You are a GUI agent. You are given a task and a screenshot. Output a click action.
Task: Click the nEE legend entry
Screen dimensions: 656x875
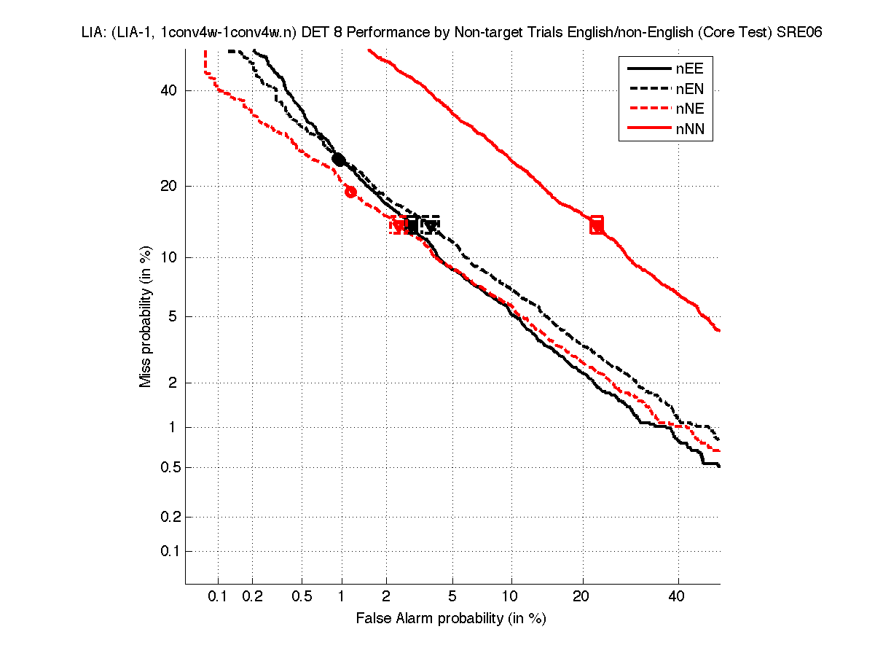coord(667,69)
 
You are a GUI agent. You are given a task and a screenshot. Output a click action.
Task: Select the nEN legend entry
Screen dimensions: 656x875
coord(667,90)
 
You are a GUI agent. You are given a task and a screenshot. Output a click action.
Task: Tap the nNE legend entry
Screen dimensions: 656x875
coord(667,110)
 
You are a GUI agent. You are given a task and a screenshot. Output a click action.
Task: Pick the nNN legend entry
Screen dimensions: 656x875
coord(667,130)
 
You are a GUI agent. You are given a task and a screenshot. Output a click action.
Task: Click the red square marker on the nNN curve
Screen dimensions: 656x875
coord(597,224)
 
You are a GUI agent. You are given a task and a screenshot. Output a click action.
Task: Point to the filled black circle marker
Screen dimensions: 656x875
coord(339,159)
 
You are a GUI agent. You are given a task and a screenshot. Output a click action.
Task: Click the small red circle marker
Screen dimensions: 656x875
coord(350,192)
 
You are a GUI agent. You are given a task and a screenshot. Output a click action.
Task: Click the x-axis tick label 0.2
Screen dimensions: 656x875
coord(253,597)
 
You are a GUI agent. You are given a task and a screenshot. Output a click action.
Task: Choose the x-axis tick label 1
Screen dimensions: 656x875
coord(342,597)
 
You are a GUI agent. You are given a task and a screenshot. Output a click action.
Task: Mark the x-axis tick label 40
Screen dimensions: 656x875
coord(678,597)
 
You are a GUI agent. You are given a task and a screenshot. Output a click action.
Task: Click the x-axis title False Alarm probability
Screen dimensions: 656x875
coord(451,619)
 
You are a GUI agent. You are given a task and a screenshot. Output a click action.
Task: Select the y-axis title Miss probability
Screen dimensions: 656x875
coord(146,315)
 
